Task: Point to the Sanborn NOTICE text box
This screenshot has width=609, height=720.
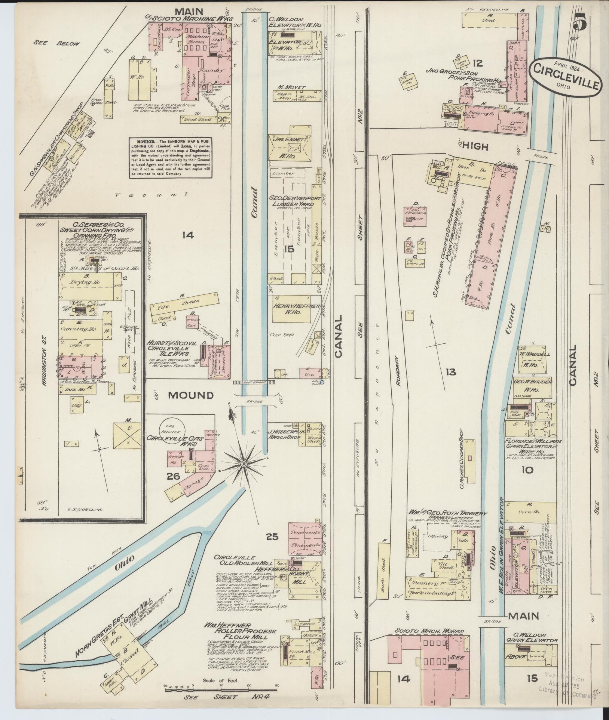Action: tap(171, 157)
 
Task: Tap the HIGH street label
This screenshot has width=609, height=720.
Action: tap(475, 147)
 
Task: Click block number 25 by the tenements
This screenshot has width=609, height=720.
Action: tap(272, 537)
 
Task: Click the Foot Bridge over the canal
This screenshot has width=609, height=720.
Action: tap(254, 383)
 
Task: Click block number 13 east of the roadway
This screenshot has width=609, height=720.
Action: tap(451, 372)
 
